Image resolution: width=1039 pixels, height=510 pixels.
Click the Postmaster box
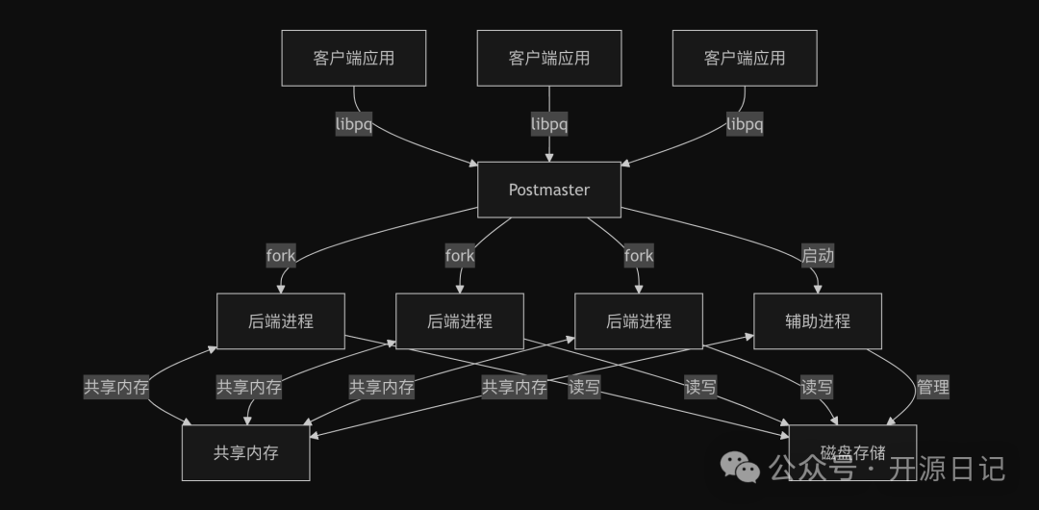pos(549,190)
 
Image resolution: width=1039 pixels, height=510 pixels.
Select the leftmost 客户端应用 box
pos(353,58)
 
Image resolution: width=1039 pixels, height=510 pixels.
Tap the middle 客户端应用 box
pos(549,58)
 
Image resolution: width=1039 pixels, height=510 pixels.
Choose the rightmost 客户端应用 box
pos(745,58)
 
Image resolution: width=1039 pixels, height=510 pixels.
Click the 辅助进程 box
pos(817,321)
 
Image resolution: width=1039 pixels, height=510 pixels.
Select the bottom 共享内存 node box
pos(245,452)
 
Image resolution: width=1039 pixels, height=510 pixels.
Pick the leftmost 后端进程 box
pos(281,321)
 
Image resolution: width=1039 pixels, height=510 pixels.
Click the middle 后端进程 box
pos(460,321)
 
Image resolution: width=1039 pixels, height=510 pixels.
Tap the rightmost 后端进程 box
pos(639,321)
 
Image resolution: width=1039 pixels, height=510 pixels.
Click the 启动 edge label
pos(818,256)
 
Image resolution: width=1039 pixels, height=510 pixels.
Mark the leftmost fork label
pos(281,256)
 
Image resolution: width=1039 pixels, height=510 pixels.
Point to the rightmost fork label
pos(639,256)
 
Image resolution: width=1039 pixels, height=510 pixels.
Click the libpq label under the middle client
pos(549,124)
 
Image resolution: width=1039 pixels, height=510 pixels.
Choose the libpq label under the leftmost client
pos(353,124)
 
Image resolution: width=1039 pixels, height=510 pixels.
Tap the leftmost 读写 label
pos(585,388)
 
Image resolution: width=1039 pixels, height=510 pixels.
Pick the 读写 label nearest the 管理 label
pos(817,388)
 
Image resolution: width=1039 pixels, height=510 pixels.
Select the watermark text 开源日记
pos(947,470)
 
